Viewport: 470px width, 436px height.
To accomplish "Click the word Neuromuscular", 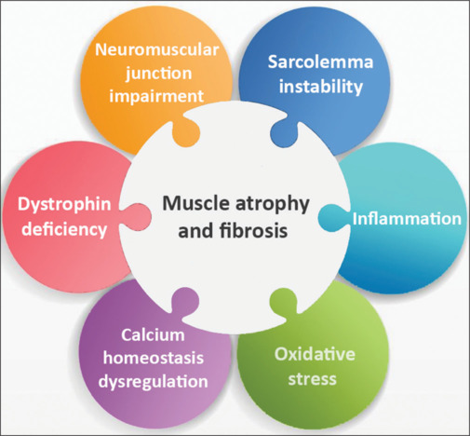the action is click(x=157, y=49).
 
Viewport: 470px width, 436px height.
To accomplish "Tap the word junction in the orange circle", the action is click(x=158, y=74).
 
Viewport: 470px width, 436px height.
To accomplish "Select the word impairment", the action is click(x=156, y=96).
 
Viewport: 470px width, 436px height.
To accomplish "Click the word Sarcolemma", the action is click(x=320, y=61).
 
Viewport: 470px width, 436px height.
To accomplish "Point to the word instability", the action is click(x=321, y=87).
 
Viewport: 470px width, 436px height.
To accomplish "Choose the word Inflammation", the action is click(x=407, y=219).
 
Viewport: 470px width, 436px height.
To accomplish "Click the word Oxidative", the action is click(x=315, y=354).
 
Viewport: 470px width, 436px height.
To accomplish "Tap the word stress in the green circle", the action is click(x=312, y=379).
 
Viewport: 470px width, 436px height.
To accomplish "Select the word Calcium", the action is click(x=153, y=334).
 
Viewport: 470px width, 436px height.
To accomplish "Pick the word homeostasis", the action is click(x=154, y=358).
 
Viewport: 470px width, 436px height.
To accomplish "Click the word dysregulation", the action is click(x=153, y=382).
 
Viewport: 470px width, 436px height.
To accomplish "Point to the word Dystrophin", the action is click(x=64, y=205).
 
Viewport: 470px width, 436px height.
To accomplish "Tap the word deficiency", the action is click(x=64, y=230).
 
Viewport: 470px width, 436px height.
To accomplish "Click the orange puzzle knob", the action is click(x=185, y=132).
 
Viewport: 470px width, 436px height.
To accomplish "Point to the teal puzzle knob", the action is click(x=333, y=217).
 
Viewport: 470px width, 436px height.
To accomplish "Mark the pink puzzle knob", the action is click(x=137, y=217).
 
